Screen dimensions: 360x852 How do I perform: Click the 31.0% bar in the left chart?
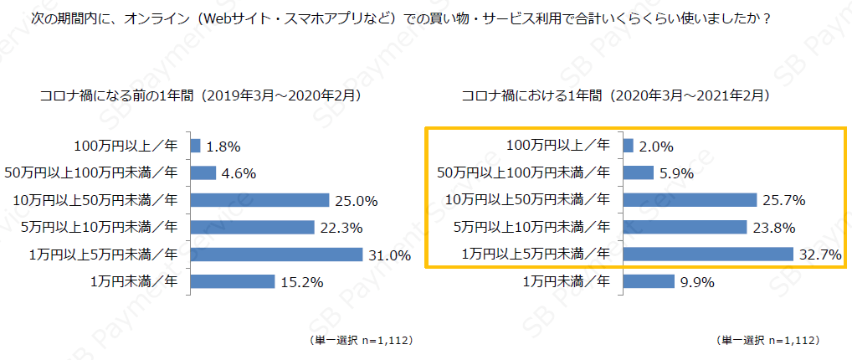click(x=276, y=255)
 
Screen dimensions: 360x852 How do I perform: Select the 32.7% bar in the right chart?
click(x=708, y=255)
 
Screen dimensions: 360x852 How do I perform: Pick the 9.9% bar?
click(x=649, y=281)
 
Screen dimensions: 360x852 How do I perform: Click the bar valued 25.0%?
click(x=260, y=200)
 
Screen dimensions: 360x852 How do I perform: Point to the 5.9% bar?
click(x=639, y=173)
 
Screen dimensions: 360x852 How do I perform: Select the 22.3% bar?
click(x=253, y=227)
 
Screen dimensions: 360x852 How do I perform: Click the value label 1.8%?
click(x=223, y=147)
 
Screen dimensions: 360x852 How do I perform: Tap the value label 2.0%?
click(x=656, y=147)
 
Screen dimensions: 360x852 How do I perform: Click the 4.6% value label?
click(x=239, y=173)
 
